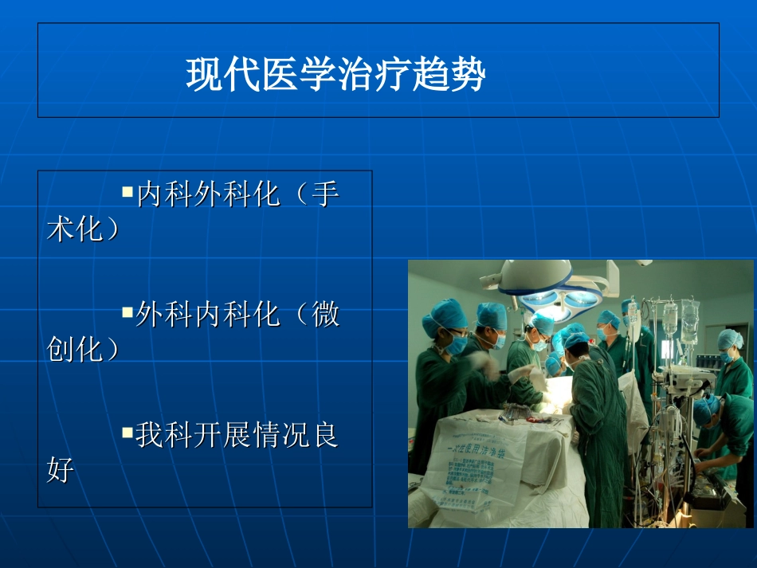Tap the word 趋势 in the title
click(458, 75)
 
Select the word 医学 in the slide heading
click(284, 75)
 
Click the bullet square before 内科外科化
click(127, 192)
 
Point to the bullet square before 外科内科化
click(127, 311)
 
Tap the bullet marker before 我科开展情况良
click(127, 433)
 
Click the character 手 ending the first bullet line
click(325, 195)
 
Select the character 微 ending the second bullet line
click(325, 314)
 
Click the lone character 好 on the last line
click(61, 470)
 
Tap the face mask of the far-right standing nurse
click(728, 356)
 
